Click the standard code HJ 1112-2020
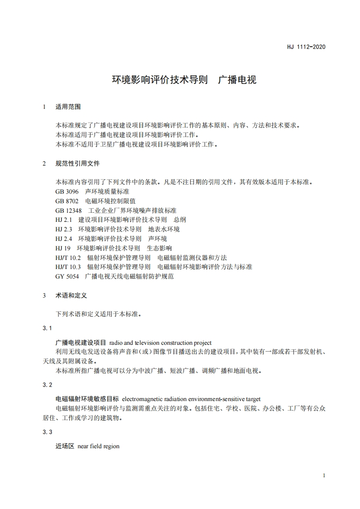(306, 47)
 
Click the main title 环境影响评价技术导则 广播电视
(184, 80)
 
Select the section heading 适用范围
(68, 107)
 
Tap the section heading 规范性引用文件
(77, 163)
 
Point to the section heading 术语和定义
(71, 295)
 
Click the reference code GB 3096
(67, 191)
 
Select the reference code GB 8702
(67, 201)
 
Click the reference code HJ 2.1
(64, 220)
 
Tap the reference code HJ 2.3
(64, 229)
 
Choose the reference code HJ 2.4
(64, 239)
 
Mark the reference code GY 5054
(67, 276)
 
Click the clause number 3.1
(48, 328)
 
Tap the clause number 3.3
(48, 432)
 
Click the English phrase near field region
(99, 446)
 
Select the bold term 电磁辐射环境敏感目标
(87, 399)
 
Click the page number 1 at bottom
(323, 475)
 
